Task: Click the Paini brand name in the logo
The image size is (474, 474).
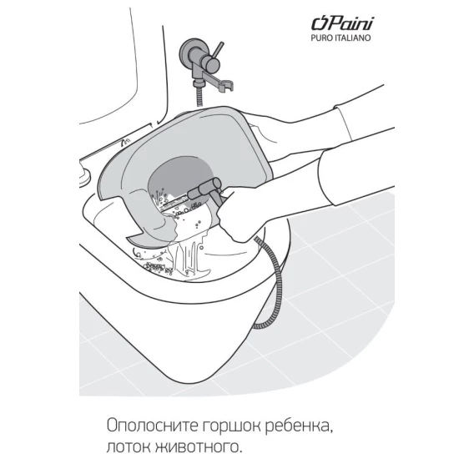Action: pyautogui.click(x=342, y=23)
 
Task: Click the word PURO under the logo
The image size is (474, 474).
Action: pyautogui.click(x=322, y=38)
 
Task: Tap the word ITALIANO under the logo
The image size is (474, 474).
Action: pyautogui.click(x=353, y=38)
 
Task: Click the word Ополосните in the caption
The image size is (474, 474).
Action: pyautogui.click(x=152, y=426)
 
